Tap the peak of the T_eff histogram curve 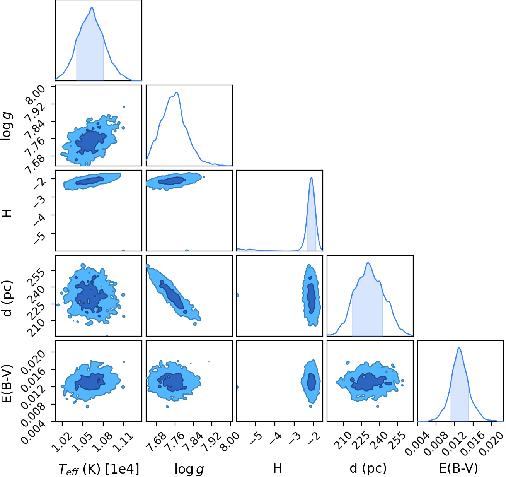(92, 7)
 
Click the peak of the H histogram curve (311, 178)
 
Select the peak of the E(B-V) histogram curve (459, 348)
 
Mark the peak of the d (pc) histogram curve (368, 263)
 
